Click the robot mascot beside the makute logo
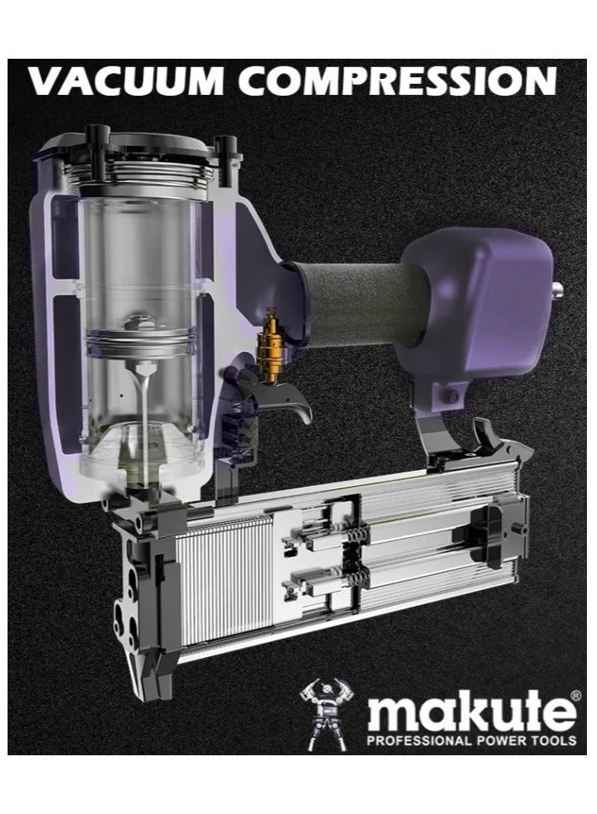pyautogui.click(x=324, y=712)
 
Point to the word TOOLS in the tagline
pyautogui.click(x=550, y=740)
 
